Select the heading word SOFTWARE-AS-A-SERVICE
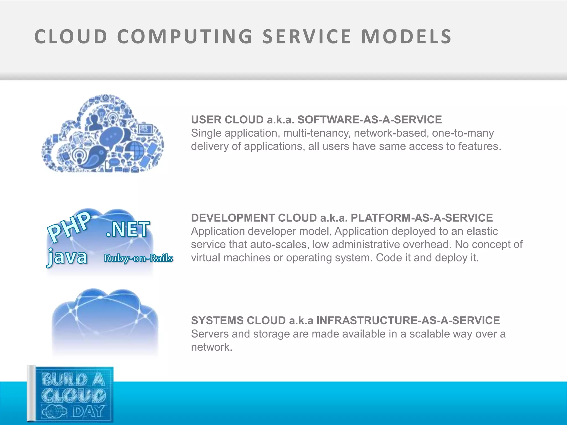[369, 120]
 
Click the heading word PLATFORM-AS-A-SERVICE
[422, 218]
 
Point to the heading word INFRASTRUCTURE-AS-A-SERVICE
[408, 321]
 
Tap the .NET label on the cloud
[128, 230]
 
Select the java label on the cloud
[67, 257]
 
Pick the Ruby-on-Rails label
[138, 258]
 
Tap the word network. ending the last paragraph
[212, 347]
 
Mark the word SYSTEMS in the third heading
[217, 321]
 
